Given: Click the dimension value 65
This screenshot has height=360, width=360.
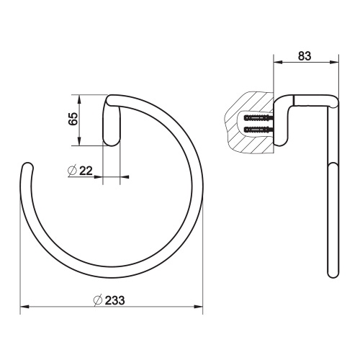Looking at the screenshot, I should [72, 119].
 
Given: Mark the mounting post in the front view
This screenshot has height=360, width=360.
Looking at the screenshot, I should [112, 121].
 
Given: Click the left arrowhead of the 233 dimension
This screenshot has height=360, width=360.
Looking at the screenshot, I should [23, 307].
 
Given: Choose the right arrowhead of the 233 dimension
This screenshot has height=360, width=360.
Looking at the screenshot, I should [201, 307].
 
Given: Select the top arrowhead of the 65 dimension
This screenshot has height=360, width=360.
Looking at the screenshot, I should [78, 97].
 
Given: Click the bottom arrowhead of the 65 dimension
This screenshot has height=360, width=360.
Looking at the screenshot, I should [78, 142].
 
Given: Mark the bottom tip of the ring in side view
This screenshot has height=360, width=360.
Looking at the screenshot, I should [332, 276].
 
